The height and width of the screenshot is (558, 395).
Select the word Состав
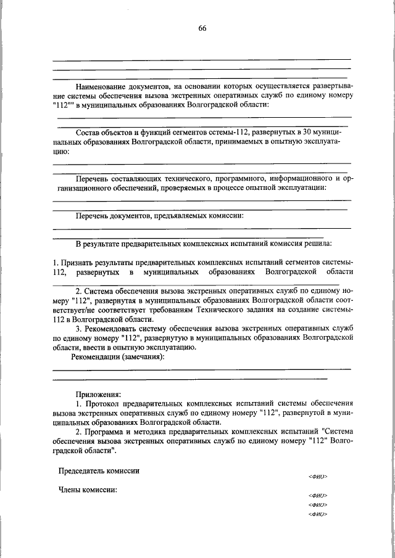tap(88, 133)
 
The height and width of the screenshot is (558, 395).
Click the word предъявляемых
tap(171, 215)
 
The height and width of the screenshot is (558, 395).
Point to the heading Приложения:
tap(98, 393)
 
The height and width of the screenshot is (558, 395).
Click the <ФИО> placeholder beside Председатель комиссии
tap(317, 477)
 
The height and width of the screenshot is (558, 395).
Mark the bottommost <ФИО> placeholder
tap(317, 514)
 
